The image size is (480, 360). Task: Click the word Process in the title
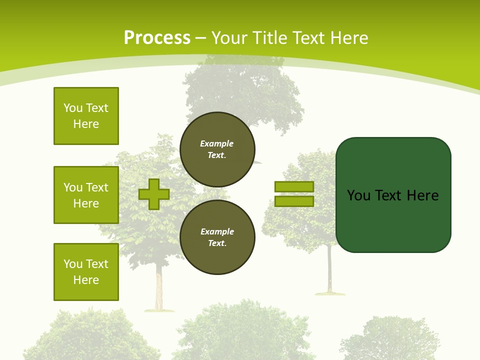coord(157,38)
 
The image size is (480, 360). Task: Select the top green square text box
coord(86,116)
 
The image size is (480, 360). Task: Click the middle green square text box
coord(86,195)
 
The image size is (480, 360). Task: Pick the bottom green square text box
coord(86,272)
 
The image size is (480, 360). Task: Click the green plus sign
coord(154,194)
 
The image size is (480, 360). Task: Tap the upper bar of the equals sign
coord(294,187)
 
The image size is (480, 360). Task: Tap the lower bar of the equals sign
coord(294,201)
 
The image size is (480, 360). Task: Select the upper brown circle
coord(217,149)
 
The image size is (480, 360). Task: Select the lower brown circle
coord(217,237)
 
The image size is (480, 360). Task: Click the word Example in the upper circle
coord(216,143)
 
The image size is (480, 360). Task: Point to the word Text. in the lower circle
coord(217,243)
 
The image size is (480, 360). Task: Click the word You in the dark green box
coord(358,195)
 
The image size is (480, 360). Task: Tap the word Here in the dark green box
coord(422,195)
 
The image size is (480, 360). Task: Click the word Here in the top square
coord(86,124)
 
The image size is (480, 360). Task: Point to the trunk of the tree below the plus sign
coord(159,290)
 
